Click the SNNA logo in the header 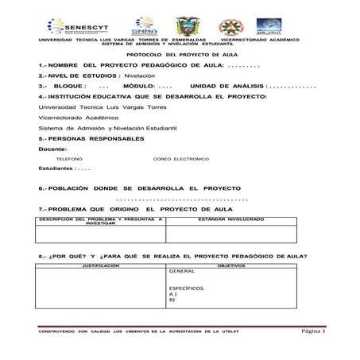(x=145, y=25)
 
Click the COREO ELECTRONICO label (x=180, y=159)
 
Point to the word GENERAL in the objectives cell (x=182, y=272)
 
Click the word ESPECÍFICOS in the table (x=187, y=288)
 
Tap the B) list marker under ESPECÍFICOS (x=172, y=300)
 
